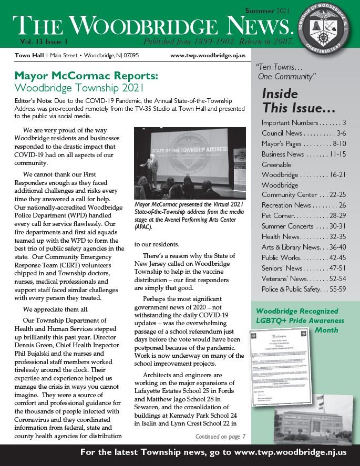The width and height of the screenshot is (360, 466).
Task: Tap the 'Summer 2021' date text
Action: pos(268,11)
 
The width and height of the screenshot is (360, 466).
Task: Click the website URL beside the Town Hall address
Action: pos(208,55)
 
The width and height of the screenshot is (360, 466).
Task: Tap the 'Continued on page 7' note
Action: pos(220,436)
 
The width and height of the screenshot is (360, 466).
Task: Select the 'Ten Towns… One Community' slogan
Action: pos(286,72)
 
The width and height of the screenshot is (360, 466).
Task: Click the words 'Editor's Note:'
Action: pos(36,100)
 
